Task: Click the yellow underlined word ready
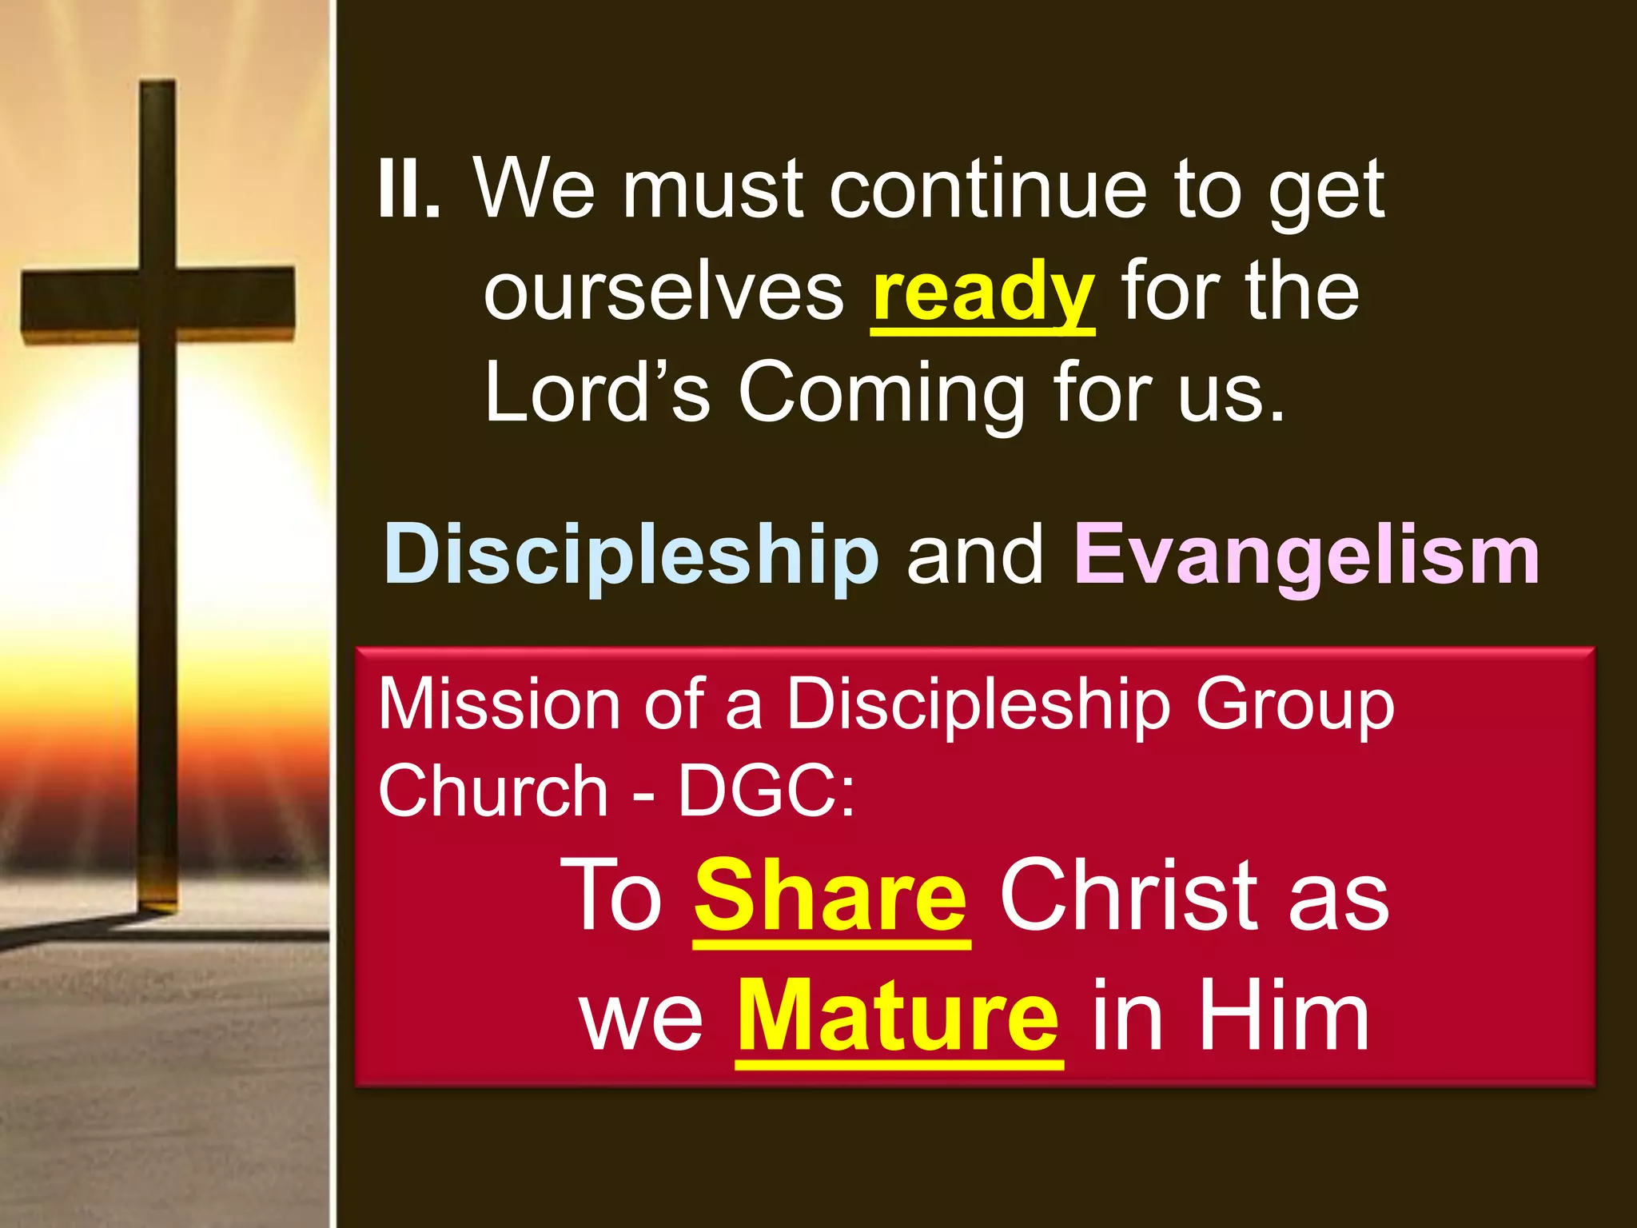pyautogui.click(x=982, y=292)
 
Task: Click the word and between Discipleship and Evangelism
pyautogui.click(x=975, y=554)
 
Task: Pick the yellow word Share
pyautogui.click(x=831, y=896)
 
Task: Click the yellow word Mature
pyautogui.click(x=898, y=1018)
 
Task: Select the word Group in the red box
pyautogui.click(x=1294, y=705)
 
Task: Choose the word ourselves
pyautogui.click(x=663, y=292)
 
